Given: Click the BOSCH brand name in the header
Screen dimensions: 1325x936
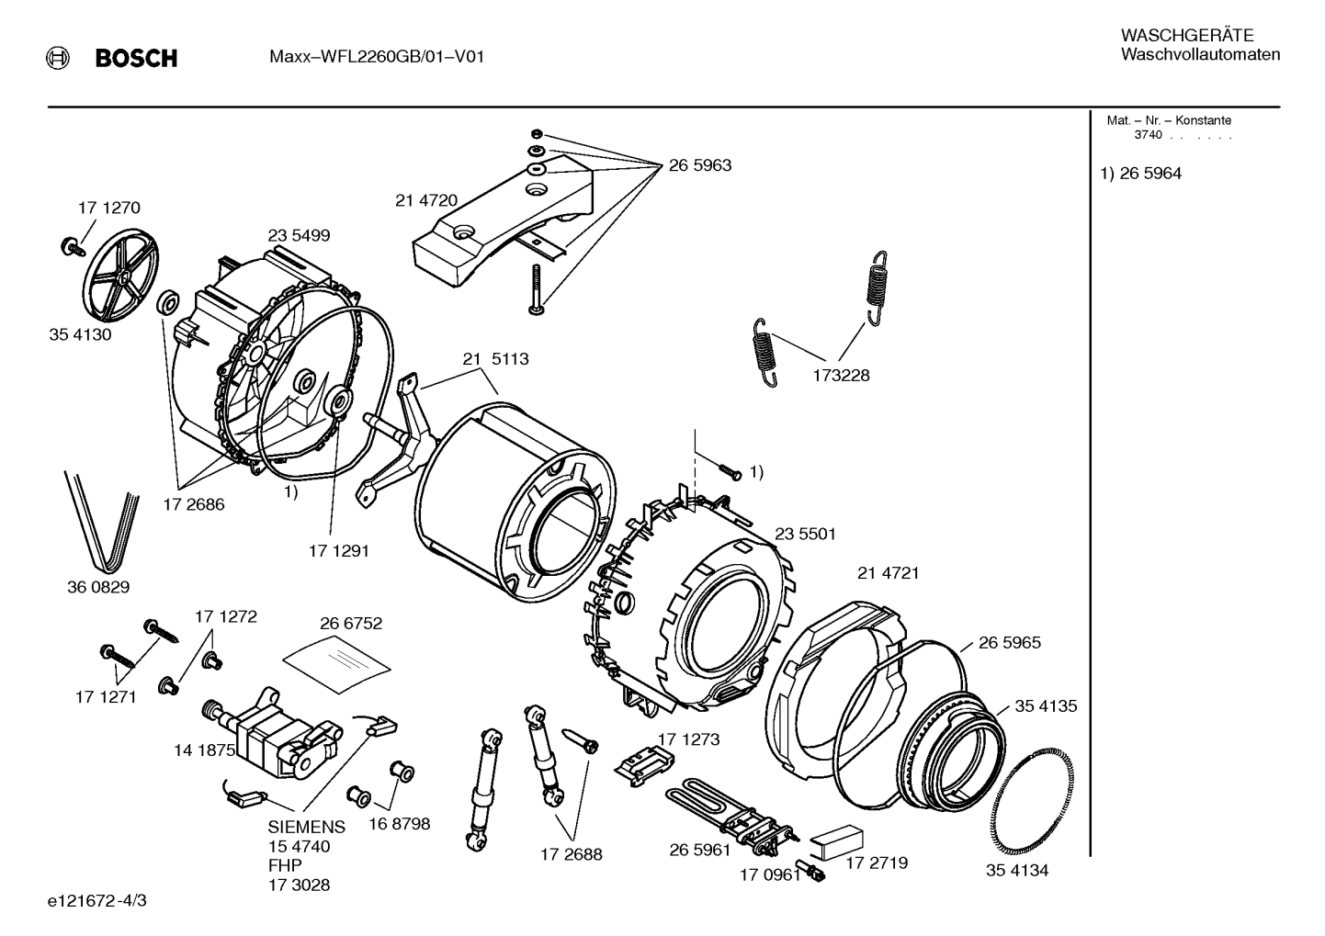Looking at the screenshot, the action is [136, 58].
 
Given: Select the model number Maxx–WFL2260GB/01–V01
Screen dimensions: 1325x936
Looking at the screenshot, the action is [377, 57].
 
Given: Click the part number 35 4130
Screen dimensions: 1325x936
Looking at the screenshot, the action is [80, 334].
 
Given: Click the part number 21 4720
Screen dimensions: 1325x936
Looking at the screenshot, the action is [426, 200].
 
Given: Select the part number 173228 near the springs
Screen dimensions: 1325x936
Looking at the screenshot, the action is [841, 376].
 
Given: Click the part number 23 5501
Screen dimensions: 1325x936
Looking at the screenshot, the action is [805, 534].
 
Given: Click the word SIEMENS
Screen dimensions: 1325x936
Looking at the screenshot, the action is [306, 827].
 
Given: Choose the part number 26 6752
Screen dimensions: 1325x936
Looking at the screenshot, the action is [351, 623].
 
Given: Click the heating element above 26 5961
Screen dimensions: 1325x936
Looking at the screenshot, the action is [729, 816].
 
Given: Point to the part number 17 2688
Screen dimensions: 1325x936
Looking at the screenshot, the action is [572, 854].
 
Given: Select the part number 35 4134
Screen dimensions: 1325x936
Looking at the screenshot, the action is [1017, 870].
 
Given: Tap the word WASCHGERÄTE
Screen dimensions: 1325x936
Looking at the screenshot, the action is [1187, 35].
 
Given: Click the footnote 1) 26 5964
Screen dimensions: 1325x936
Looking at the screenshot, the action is [1140, 174].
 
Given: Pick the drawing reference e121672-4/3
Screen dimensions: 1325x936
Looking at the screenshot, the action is [97, 900].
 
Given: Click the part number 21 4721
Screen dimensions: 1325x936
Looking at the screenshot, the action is [889, 573].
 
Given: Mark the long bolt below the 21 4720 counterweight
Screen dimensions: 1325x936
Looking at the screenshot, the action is [536, 289].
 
